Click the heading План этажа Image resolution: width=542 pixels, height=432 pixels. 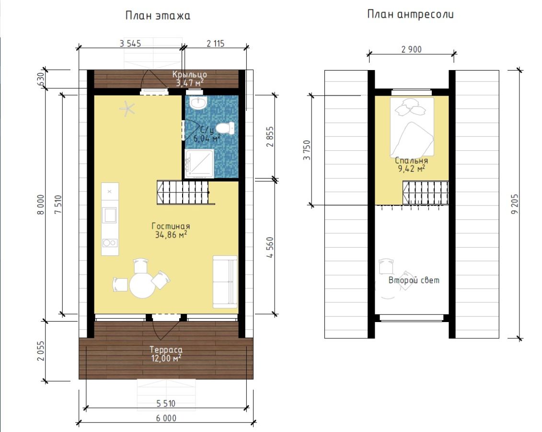point(158,16)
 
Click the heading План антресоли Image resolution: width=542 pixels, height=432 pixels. point(410,14)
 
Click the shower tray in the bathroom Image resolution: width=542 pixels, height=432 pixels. point(199,163)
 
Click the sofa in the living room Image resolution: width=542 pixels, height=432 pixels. point(225,282)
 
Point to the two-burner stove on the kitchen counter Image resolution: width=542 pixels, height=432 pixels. point(110,243)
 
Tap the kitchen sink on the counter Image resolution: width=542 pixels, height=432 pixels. point(110,215)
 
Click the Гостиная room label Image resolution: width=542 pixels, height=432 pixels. point(171,226)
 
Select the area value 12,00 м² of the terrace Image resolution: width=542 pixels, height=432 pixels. point(166,358)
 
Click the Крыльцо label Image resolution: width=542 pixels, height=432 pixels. point(189,74)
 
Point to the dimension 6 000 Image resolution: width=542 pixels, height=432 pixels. point(166,418)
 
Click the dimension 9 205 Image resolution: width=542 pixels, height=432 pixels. point(515,204)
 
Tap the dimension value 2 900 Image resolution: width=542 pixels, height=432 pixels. point(411,49)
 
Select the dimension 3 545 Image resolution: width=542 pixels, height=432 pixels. point(130,44)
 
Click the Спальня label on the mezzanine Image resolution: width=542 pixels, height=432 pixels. point(411,161)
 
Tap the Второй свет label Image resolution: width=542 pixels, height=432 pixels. point(414,280)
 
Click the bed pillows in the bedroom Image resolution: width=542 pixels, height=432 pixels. point(410,107)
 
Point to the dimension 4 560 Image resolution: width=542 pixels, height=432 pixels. point(270,247)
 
